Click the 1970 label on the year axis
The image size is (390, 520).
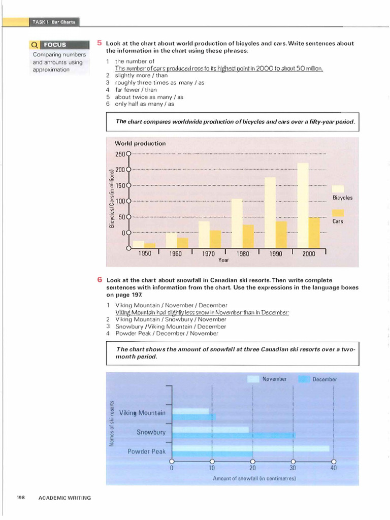click(x=208, y=254)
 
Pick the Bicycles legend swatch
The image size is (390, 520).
click(x=338, y=189)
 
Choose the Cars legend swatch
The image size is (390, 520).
click(x=338, y=213)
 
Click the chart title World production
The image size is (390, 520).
click(x=140, y=144)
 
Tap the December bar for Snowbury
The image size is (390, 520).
click(x=234, y=435)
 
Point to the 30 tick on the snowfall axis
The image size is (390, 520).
click(x=293, y=461)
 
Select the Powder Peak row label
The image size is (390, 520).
click(x=146, y=451)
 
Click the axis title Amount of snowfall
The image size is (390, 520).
click(x=254, y=478)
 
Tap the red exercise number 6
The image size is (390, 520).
click(x=100, y=280)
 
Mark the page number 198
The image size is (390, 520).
click(x=20, y=498)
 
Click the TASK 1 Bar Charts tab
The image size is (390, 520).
click(x=54, y=22)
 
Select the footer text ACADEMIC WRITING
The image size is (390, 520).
click(x=64, y=498)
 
